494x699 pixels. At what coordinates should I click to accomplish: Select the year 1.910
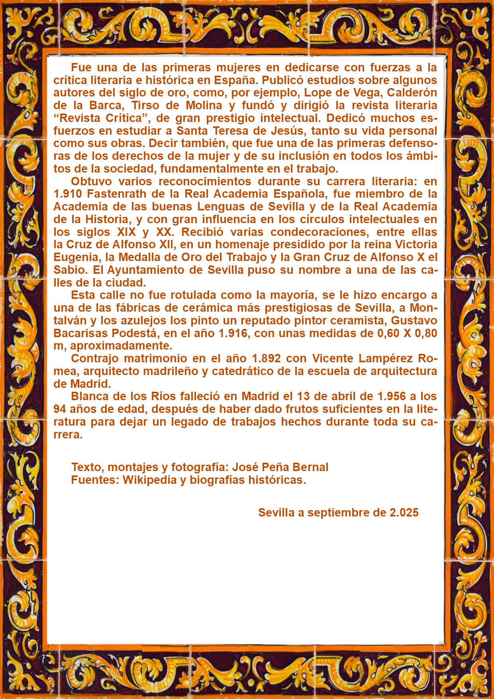click(68, 194)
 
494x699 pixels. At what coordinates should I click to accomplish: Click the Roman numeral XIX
click(127, 232)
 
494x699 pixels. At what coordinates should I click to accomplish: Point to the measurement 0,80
click(426, 333)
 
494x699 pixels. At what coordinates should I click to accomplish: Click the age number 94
click(60, 409)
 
